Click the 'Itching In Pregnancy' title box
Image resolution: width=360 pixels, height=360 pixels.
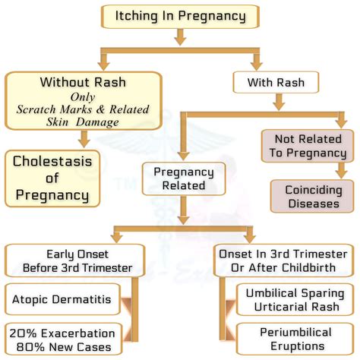(x=180, y=15)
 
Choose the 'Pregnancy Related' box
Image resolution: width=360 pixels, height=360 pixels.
(x=183, y=178)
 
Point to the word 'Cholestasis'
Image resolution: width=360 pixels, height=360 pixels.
(x=52, y=162)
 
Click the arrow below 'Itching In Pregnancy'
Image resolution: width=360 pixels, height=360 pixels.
(x=180, y=36)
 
